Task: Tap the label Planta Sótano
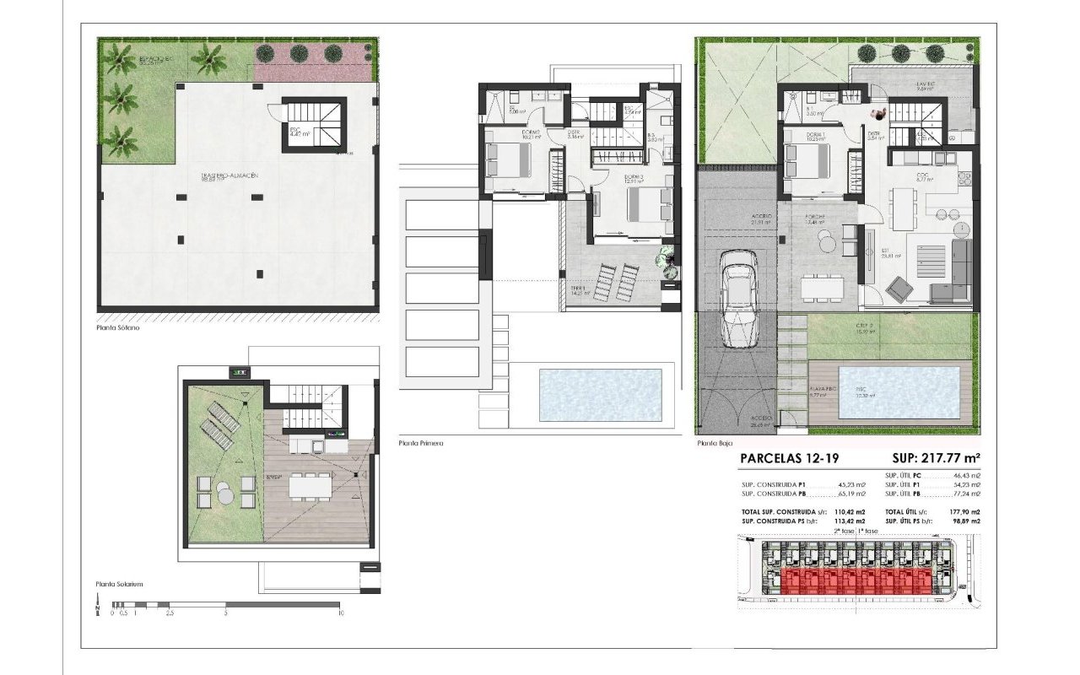(x=118, y=328)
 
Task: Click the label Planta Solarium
(x=120, y=583)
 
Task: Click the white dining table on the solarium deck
(x=310, y=487)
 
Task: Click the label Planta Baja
(x=715, y=442)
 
